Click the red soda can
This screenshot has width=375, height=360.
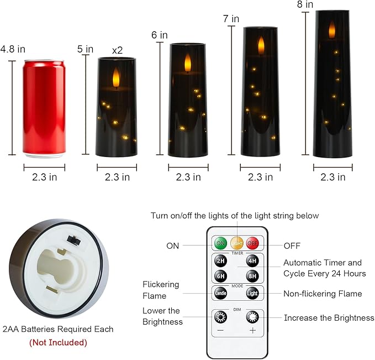(44, 108)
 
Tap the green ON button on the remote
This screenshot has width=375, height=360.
(220, 243)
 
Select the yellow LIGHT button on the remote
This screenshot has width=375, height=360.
(236, 243)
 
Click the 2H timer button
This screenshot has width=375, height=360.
(220, 261)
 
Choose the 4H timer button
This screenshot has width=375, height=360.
(252, 261)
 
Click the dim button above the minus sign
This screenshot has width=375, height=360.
(220, 317)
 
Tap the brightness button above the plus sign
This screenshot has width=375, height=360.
(253, 317)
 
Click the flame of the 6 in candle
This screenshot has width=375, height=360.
(188, 62)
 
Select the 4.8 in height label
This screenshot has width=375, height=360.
(13, 49)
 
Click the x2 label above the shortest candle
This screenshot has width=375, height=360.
(117, 50)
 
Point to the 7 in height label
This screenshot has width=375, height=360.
(231, 19)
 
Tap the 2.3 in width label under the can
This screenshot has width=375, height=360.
(44, 177)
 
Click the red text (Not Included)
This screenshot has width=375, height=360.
(58, 342)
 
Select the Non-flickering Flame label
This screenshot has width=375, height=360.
(323, 294)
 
